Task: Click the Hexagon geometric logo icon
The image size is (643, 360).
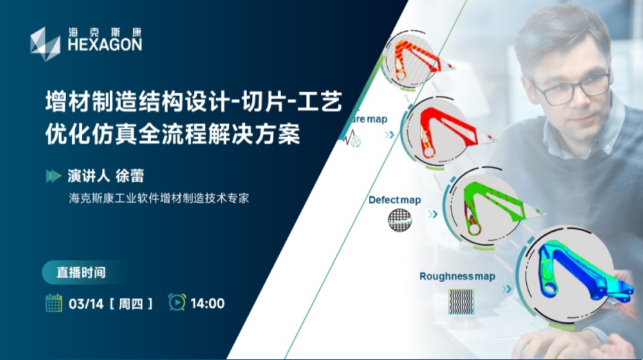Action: [45, 44]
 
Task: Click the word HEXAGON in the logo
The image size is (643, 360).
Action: [105, 45]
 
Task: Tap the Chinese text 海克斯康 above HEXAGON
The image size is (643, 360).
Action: [105, 32]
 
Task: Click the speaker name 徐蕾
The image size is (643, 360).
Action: [129, 176]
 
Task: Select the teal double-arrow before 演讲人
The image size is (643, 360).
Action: [53, 176]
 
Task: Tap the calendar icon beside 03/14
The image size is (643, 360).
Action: [53, 303]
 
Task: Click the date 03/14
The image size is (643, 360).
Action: [86, 303]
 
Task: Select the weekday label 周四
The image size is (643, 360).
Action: [131, 303]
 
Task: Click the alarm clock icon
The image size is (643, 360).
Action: [177, 302]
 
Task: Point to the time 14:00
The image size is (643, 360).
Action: [207, 303]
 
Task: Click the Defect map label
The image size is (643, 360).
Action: [395, 200]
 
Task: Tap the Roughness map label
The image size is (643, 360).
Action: [457, 276]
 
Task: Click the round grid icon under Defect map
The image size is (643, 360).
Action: [399, 220]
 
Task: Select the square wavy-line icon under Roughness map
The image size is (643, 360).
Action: [461, 302]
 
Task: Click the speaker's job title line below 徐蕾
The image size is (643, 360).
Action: [159, 199]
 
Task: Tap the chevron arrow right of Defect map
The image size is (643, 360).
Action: [433, 214]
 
